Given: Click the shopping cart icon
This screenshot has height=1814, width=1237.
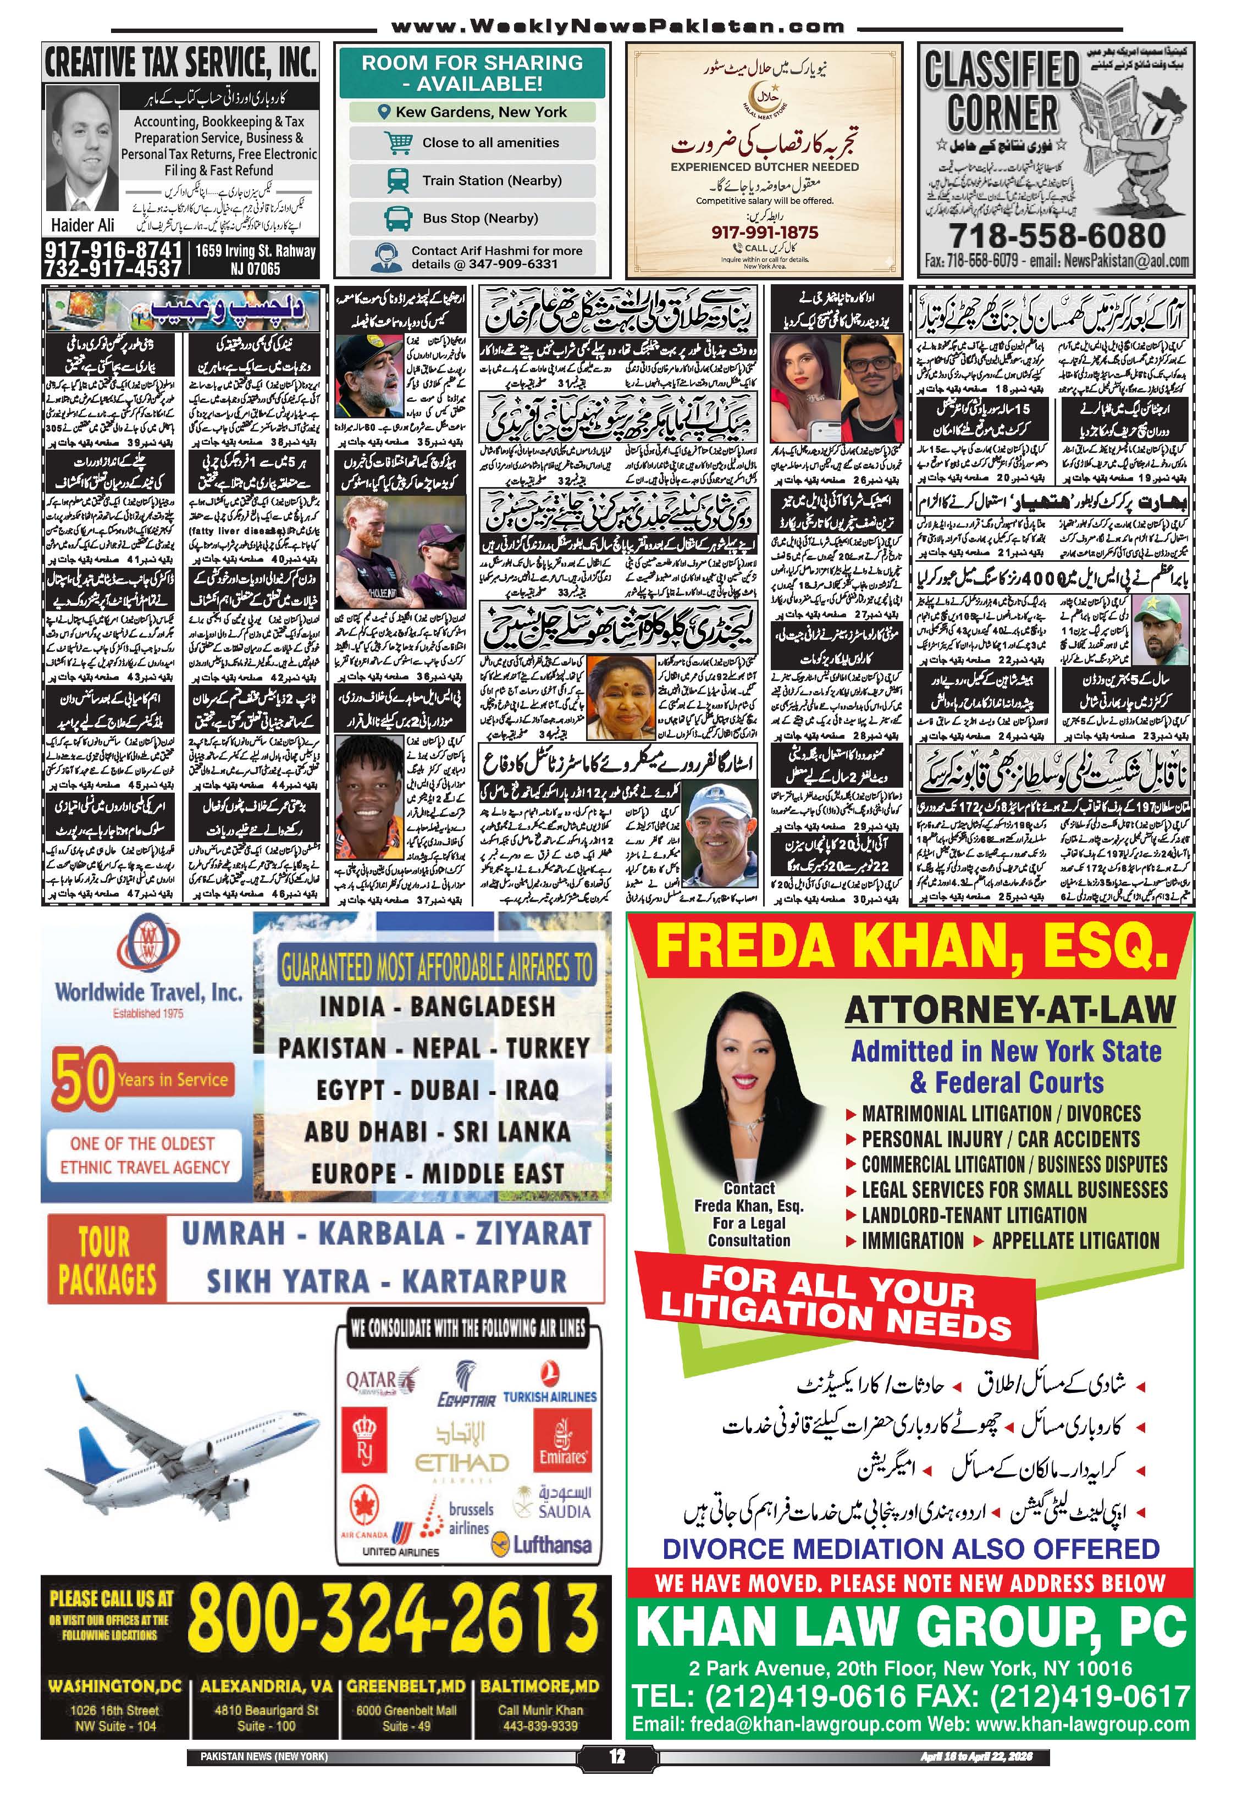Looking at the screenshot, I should pyautogui.click(x=398, y=143).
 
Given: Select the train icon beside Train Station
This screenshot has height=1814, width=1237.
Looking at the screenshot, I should pyautogui.click(x=398, y=180).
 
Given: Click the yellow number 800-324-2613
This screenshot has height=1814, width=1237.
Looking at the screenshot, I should pyautogui.click(x=393, y=1616).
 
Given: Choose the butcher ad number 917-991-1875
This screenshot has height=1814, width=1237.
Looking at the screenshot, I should pyautogui.click(x=764, y=233).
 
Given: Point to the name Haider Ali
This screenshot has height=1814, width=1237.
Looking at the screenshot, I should pyautogui.click(x=82, y=225).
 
